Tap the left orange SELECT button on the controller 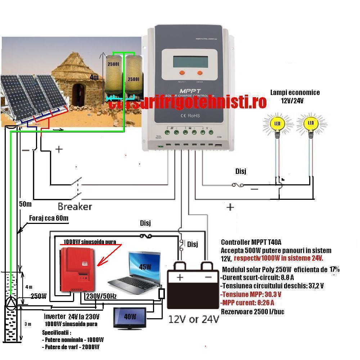pos(182,72)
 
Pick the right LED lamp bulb pos(311,125)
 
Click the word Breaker pos(75,207)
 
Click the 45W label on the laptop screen pos(145,267)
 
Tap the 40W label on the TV pos(130,317)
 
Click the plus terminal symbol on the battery pos(180,278)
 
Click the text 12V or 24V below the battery pos(194,319)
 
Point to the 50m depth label pos(25,204)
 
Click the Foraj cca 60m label pos(49,218)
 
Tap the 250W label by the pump pos(39,296)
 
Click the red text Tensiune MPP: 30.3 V pos(251,294)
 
